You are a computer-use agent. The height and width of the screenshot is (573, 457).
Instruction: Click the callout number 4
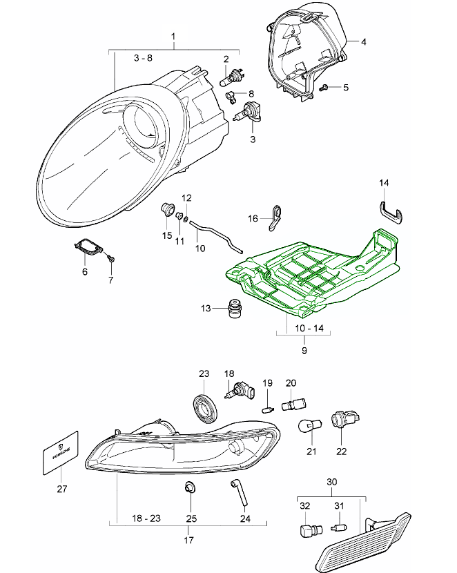(363, 42)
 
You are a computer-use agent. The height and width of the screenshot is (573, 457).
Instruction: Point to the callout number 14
(385, 183)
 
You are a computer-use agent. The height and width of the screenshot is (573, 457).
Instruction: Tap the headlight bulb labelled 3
(251, 114)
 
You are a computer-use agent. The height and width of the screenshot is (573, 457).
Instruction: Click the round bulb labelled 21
(308, 426)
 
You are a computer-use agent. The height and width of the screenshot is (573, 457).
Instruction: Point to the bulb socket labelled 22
(340, 418)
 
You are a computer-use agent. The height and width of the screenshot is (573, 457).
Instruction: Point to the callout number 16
(253, 218)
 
